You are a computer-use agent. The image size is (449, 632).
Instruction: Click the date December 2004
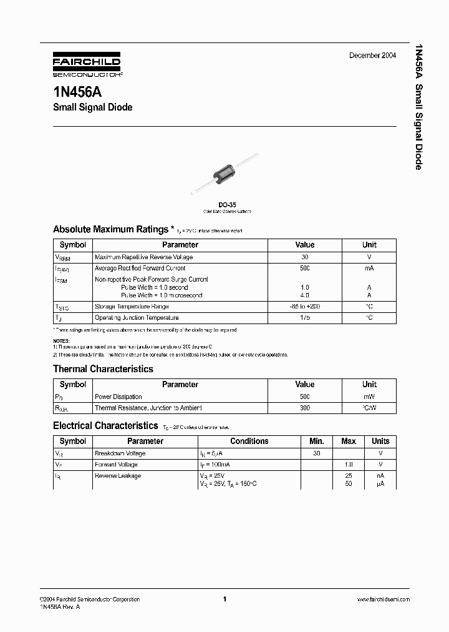[372, 56]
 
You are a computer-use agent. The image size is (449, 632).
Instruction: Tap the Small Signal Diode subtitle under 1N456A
[92, 107]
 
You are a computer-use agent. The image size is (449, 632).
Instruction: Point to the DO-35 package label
[227, 204]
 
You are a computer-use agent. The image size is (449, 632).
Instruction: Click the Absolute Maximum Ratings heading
[110, 229]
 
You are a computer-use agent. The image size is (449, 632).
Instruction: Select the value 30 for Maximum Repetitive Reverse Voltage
[304, 257]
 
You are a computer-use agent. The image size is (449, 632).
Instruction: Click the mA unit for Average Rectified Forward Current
[369, 268]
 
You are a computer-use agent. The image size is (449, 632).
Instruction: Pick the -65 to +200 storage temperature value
[304, 307]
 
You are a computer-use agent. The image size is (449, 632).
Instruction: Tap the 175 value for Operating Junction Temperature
[304, 318]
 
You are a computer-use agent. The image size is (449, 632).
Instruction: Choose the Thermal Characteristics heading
[103, 369]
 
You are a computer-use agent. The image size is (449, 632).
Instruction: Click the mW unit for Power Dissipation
[369, 397]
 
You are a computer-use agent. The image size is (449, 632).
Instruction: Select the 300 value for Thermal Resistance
[304, 408]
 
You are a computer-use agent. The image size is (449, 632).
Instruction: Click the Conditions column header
[249, 441]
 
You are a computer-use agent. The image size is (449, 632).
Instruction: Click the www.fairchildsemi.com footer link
[383, 599]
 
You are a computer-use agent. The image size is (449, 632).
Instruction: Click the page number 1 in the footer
[224, 599]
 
